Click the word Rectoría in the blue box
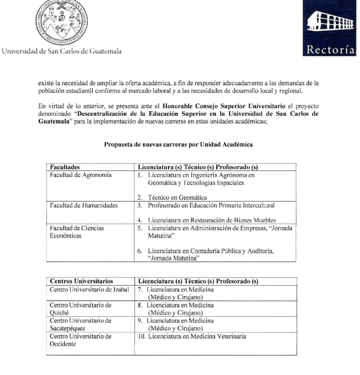pyautogui.click(x=331, y=49)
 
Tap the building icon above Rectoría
pyautogui.click(x=330, y=24)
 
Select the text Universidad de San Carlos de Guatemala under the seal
pyautogui.click(x=62, y=51)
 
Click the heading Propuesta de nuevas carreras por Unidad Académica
pyautogui.click(x=179, y=144)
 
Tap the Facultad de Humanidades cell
pyautogui.click(x=83, y=206)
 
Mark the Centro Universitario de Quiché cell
pyautogui.click(x=80, y=309)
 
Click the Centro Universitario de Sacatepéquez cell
pyautogui.click(x=80, y=324)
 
